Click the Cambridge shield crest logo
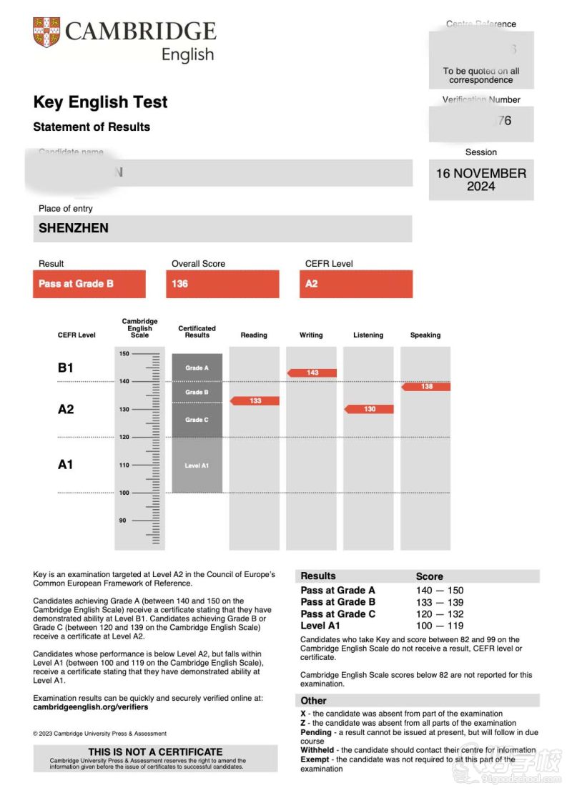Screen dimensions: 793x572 click(x=46, y=32)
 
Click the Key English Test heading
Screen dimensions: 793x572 click(x=100, y=102)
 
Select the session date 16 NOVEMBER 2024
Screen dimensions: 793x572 click(x=481, y=179)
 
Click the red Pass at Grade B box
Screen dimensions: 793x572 click(x=89, y=284)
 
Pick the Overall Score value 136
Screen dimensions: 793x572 click(x=179, y=284)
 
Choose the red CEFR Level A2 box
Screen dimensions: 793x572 click(x=312, y=284)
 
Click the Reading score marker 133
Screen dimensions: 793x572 click(x=255, y=401)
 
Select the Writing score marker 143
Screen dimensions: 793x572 click(x=312, y=373)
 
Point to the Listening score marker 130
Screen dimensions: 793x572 click(x=369, y=409)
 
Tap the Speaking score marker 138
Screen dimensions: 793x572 click(x=426, y=387)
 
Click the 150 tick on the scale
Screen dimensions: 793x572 click(x=124, y=354)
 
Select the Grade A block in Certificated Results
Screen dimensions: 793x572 click(x=197, y=368)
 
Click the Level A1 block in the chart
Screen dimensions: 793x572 click(x=197, y=466)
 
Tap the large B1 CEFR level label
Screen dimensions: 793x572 click(x=66, y=368)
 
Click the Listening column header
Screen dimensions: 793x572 click(x=368, y=335)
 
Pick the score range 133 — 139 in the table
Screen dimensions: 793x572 click(x=440, y=602)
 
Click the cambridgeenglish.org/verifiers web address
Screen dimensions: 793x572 click(x=91, y=707)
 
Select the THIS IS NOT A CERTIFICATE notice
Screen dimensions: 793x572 click(x=155, y=752)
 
